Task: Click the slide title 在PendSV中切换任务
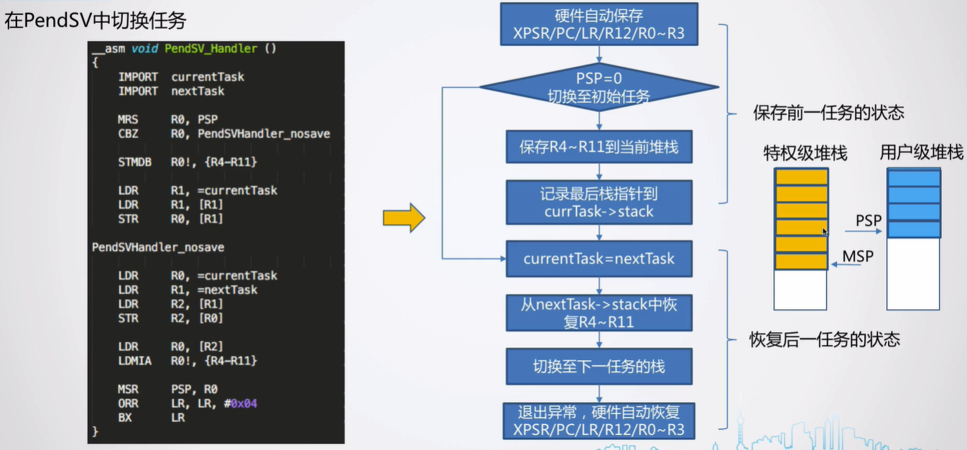pos(95,20)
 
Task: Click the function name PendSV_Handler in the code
pos(210,49)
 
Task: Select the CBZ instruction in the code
pos(127,133)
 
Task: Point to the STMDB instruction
pos(134,162)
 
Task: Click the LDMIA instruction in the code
pos(134,361)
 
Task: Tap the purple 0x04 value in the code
pos(244,403)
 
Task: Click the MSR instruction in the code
pos(127,390)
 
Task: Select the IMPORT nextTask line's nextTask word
pos(198,91)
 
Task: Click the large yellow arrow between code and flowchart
pos(404,218)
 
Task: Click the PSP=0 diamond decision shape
pos(598,88)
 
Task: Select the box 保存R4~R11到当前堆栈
pos(598,148)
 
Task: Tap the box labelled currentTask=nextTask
pos(598,259)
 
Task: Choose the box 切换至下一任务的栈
pos(598,367)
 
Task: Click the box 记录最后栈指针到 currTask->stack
pos(598,202)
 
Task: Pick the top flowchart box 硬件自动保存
pos(598,24)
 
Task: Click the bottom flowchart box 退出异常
pos(598,421)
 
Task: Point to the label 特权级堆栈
pos(805,153)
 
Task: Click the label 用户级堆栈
pos(921,153)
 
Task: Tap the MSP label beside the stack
pos(858,256)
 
